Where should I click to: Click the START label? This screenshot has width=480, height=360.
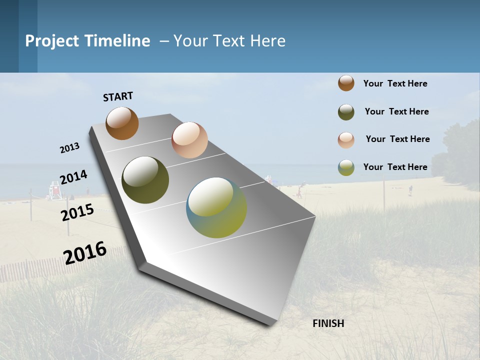point(118,96)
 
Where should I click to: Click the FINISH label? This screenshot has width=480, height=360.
point(328,323)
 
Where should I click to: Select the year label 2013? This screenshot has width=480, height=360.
point(69,148)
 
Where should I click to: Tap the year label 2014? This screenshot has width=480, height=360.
point(73,177)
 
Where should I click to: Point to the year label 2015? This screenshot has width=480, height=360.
point(77,212)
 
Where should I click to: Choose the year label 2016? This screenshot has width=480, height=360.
point(85,252)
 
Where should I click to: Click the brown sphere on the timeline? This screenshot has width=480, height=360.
point(122,123)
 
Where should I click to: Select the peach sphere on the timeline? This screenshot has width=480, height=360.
point(189,140)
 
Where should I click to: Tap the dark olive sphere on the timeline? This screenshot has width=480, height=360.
point(145,180)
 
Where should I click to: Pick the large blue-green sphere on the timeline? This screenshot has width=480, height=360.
point(216,207)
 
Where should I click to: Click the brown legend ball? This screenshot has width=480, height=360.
point(346,83)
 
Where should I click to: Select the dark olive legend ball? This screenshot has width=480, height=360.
point(346,112)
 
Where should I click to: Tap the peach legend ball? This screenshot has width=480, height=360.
point(346,140)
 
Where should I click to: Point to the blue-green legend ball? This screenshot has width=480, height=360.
point(346,167)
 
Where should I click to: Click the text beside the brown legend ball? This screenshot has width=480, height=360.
point(395,83)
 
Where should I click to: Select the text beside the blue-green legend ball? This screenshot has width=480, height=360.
point(395,167)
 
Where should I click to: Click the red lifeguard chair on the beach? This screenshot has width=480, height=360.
point(54,190)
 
